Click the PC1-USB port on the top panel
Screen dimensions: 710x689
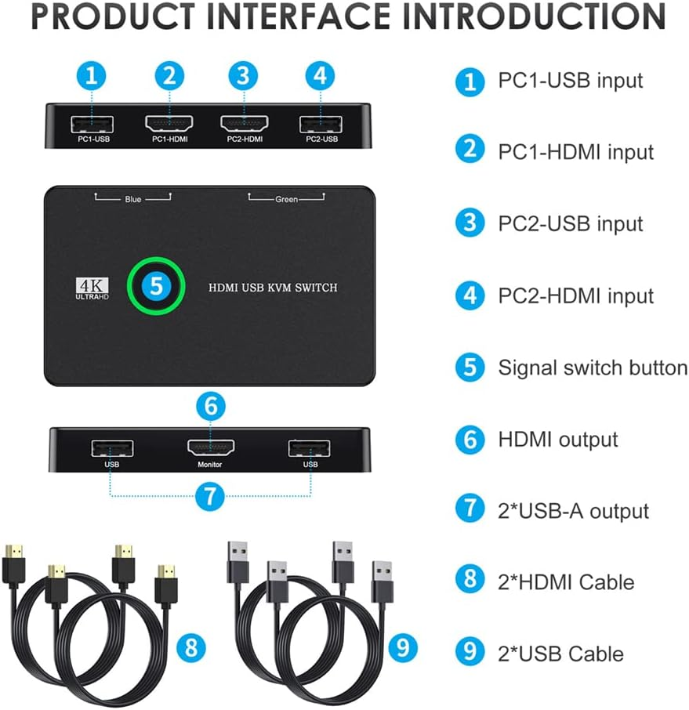pos(92,123)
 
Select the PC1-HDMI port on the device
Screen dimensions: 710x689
pos(169,123)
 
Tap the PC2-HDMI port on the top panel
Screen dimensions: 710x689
pos(244,123)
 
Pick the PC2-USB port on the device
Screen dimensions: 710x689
pos(320,123)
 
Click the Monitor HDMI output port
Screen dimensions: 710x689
pos(210,448)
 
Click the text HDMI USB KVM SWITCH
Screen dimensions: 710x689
pos(273,288)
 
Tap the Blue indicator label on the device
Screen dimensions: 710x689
pos(133,200)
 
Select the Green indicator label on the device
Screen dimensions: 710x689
pos(286,200)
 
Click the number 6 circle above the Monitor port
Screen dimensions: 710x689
pos(210,406)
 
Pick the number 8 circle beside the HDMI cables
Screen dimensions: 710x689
pos(190,647)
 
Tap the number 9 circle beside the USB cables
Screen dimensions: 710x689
pos(402,647)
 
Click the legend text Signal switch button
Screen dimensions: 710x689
pos(592,368)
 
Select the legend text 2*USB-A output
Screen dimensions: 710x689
pos(573,511)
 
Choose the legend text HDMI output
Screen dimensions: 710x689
pos(557,440)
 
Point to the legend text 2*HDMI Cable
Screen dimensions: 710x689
pos(566,582)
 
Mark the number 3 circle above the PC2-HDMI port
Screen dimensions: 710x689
pos(244,76)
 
